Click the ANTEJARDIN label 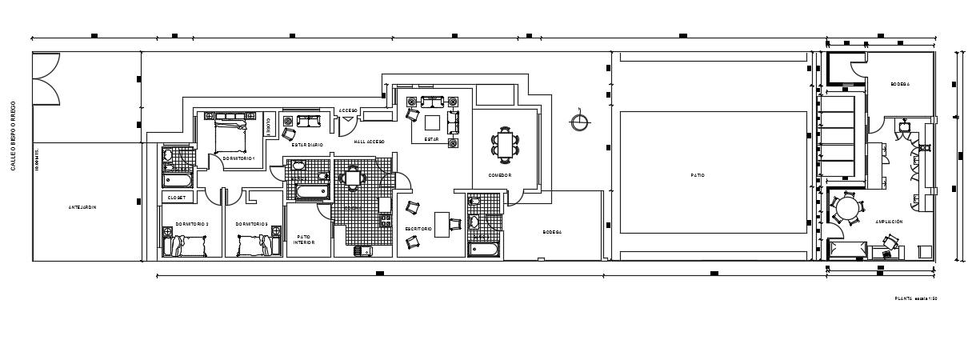pos(82,206)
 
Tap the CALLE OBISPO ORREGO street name pos(13,135)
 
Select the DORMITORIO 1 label pos(238,158)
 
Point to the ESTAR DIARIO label pos(306,145)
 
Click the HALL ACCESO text pos(370,141)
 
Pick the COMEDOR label pos(500,175)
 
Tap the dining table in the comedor pos(505,143)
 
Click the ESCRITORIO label pos(418,230)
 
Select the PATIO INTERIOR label pos(303,239)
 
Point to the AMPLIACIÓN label pos(889,222)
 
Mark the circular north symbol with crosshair pos(578,122)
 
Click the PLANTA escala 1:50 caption pos(915,298)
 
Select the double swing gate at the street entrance pos(46,78)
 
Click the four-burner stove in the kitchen pos(384,218)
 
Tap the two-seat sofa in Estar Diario pos(307,121)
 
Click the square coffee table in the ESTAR pos(432,122)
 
